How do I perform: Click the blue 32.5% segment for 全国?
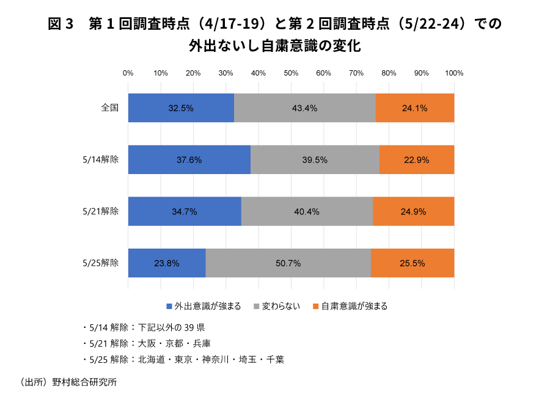(181, 108)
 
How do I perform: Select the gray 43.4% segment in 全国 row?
(304, 108)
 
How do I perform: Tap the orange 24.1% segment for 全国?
(414, 108)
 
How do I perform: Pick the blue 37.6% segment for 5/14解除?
(189, 160)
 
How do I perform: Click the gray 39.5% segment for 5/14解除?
(315, 160)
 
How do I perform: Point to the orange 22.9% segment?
(416, 160)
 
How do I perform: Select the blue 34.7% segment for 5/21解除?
(185, 212)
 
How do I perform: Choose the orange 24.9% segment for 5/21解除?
(413, 212)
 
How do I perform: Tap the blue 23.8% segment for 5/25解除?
(167, 264)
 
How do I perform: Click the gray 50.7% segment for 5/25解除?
(288, 264)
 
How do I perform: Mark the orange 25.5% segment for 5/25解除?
(412, 264)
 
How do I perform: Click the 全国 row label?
(110, 108)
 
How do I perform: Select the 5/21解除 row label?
(100, 212)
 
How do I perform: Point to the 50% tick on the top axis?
(291, 73)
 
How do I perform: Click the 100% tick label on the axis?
(454, 73)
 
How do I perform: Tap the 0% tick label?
(128, 73)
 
